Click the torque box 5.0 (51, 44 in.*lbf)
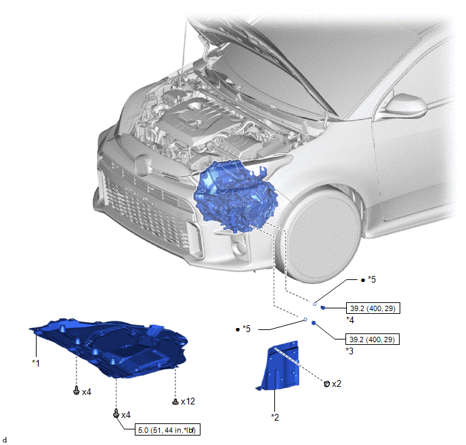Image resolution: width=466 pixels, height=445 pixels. pos(167,429)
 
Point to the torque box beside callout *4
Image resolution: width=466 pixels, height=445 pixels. pos(373,308)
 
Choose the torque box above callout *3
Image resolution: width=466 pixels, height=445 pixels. pos(373,339)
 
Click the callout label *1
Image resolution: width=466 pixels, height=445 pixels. pos(36,362)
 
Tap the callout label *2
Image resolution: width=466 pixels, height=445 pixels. pos(275,417)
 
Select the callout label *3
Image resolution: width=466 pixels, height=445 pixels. pos(349,351)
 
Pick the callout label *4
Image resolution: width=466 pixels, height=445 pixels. pos(350,320)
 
